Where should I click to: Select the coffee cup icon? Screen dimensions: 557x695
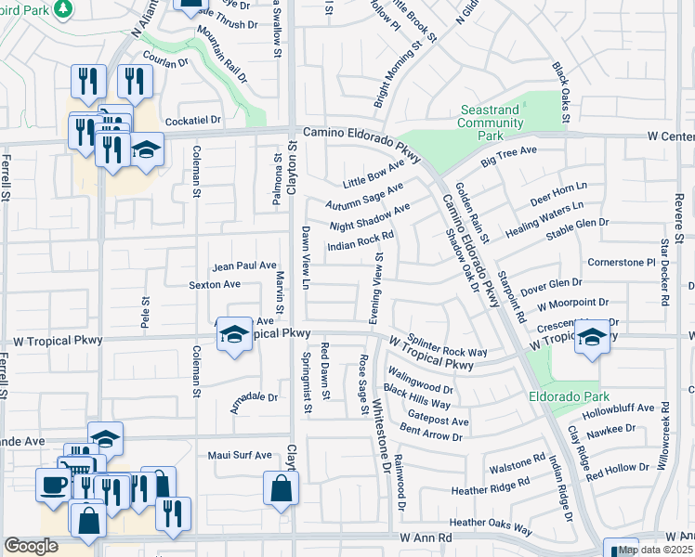[51, 484]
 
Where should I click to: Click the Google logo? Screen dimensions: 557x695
[30, 546]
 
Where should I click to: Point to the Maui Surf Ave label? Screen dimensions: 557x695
[239, 455]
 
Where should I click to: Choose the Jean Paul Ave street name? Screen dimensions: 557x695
[244, 266]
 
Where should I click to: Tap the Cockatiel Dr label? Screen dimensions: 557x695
[193, 121]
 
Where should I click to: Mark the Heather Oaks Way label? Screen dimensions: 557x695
[491, 526]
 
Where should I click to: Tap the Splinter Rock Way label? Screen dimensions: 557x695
[450, 345]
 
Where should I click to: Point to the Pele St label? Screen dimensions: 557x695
[145, 304]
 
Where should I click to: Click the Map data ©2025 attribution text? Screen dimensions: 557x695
[655, 550]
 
